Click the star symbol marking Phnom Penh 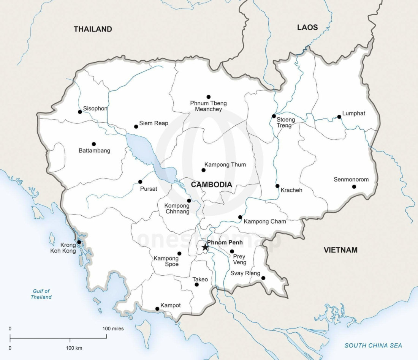tap(205, 248)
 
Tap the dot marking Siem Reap tap(136, 126)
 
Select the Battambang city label tap(94, 151)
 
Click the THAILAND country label tap(93, 29)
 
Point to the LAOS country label tap(307, 27)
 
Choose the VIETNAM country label tap(340, 250)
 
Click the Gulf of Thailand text tap(41, 294)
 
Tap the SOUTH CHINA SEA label tap(373, 346)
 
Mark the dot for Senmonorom tap(354, 186)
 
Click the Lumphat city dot tap(339, 117)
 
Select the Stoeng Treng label tap(285, 123)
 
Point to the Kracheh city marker tap(277, 186)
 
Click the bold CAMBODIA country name tap(211, 185)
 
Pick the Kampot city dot tap(157, 309)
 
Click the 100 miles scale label tap(113, 328)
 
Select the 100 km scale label tap(74, 348)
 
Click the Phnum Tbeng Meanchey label tap(208, 106)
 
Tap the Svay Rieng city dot tap(263, 278)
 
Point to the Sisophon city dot tap(80, 112)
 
